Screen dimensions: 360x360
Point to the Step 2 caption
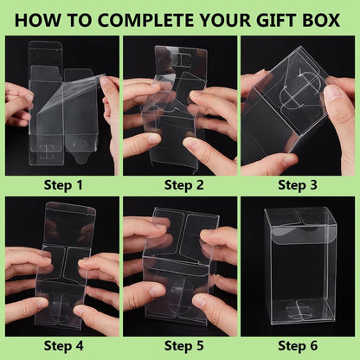(179, 184)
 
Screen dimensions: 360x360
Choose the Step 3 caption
(297, 184)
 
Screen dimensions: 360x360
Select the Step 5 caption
(179, 346)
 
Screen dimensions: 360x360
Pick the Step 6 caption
(297, 346)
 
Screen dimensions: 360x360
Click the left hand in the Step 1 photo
(17, 104)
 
